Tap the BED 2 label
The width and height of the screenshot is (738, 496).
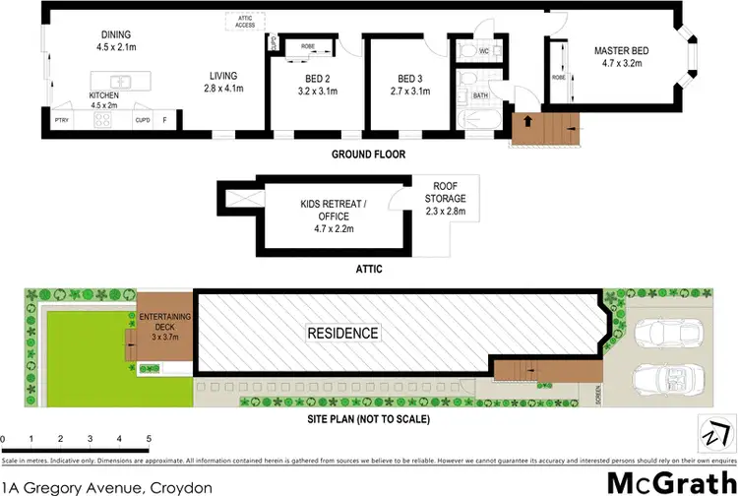pyautogui.click(x=315, y=79)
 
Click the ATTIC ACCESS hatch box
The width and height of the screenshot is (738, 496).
pyautogui.click(x=244, y=21)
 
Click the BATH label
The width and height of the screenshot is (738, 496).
pyautogui.click(x=480, y=95)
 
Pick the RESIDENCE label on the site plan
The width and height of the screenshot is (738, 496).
pyautogui.click(x=341, y=333)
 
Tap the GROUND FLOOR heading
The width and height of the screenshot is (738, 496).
pyautogui.click(x=369, y=155)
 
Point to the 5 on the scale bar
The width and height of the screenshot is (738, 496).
pyautogui.click(x=148, y=438)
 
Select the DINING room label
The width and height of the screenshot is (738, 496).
pyautogui.click(x=115, y=33)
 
